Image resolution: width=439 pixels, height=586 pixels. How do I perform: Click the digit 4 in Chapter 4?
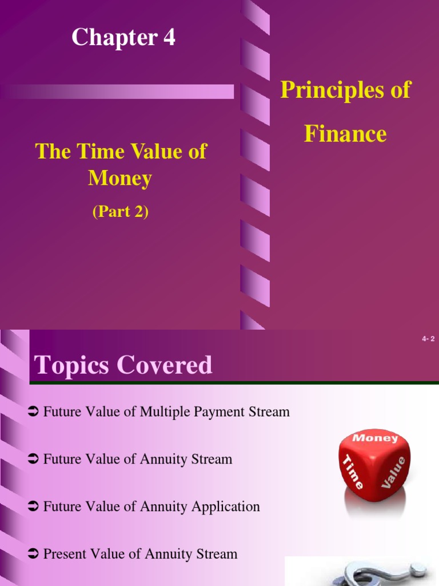pyautogui.click(x=169, y=38)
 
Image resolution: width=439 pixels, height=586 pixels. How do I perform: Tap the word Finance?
pyautogui.click(x=345, y=134)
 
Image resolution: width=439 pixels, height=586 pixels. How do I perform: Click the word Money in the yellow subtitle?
pyautogui.click(x=120, y=179)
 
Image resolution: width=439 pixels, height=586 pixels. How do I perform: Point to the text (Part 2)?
pyautogui.click(x=120, y=212)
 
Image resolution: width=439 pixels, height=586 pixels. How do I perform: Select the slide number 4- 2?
pyautogui.click(x=428, y=339)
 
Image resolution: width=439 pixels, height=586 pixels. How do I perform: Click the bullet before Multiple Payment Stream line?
pyautogui.click(x=33, y=411)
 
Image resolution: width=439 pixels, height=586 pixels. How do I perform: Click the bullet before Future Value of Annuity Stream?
pyautogui.click(x=33, y=459)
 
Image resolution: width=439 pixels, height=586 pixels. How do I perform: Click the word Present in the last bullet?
pyautogui.click(x=65, y=554)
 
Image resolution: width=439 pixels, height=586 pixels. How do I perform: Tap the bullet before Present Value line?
pyautogui.click(x=33, y=554)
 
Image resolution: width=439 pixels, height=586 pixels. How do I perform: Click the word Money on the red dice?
pyautogui.click(x=376, y=438)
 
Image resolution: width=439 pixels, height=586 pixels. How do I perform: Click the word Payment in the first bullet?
pyautogui.click(x=219, y=411)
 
